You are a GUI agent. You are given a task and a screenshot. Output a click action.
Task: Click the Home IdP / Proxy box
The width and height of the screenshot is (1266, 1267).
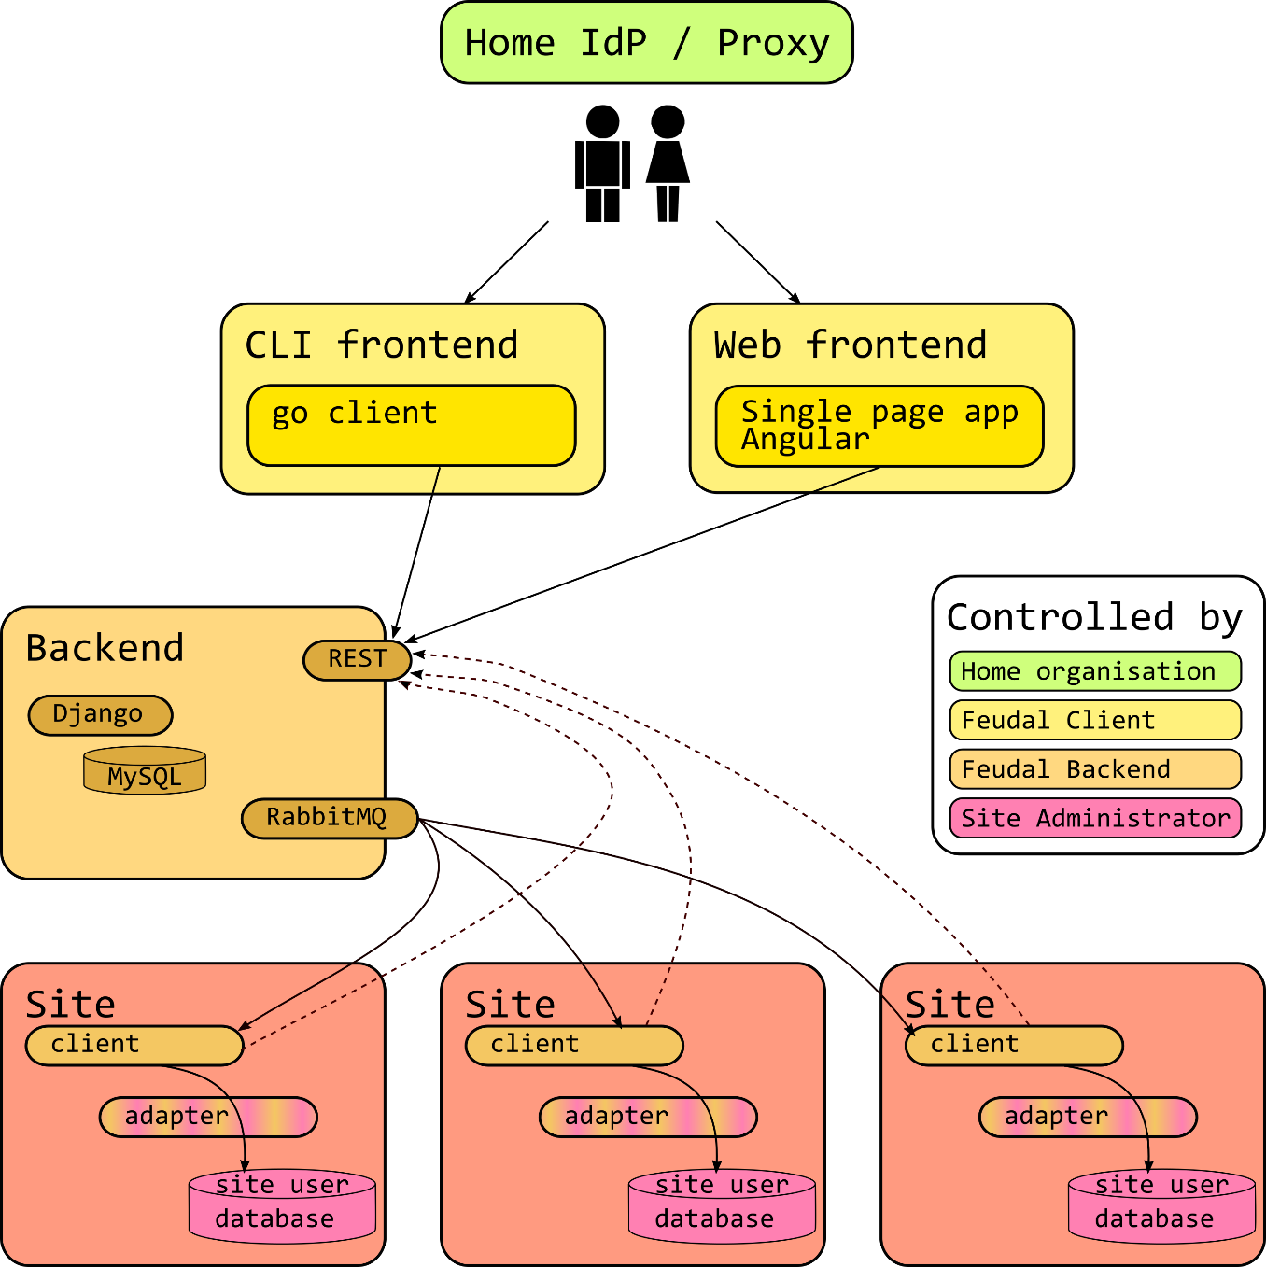click(646, 43)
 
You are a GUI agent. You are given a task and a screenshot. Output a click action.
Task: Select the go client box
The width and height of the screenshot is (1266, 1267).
click(411, 425)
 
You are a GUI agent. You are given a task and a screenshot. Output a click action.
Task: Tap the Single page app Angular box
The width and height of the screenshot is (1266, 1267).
click(879, 426)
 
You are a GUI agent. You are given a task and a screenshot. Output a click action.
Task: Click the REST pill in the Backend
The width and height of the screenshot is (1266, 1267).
click(357, 660)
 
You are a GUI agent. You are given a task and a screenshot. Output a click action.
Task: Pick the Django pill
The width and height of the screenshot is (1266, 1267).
click(100, 715)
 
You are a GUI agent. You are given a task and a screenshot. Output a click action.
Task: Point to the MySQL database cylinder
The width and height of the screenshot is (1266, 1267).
click(145, 771)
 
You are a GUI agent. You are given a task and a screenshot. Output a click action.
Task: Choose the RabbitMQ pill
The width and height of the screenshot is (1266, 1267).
click(328, 819)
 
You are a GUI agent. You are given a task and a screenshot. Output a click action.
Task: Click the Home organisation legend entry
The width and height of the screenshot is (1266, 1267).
click(1094, 671)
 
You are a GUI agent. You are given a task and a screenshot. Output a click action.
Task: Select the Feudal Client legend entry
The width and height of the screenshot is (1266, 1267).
click(1094, 720)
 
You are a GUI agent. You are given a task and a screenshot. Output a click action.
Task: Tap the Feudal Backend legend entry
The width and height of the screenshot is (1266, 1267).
click(1094, 769)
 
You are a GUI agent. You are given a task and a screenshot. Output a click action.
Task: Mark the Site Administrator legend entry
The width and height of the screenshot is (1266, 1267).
click(1094, 819)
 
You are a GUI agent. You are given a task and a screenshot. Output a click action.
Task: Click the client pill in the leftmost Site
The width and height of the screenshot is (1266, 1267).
click(134, 1045)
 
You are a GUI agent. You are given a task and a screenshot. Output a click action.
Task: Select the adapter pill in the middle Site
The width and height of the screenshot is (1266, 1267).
click(648, 1117)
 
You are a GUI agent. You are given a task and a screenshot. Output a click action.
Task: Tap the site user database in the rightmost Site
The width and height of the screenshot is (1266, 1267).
click(1161, 1206)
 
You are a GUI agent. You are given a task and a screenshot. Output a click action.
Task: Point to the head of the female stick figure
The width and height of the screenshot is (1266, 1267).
click(668, 122)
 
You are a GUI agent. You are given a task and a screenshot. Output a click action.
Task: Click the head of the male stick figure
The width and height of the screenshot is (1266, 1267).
click(602, 122)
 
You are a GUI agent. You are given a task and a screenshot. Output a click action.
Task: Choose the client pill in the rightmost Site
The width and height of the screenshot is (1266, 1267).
click(1013, 1045)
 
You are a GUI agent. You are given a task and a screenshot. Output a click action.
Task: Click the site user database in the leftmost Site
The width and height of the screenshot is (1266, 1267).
click(282, 1206)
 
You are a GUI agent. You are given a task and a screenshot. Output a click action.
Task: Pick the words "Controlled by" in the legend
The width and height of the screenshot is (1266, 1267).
click(1094, 618)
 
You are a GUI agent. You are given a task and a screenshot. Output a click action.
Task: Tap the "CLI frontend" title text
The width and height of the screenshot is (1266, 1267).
click(381, 345)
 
